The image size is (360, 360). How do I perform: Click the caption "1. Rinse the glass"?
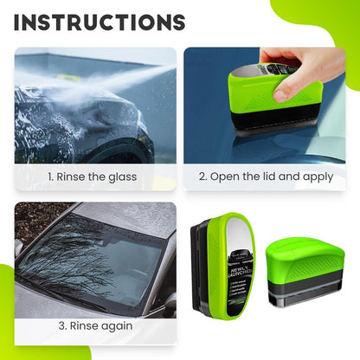(x=93, y=177)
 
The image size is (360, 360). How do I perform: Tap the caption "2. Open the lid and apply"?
(x=264, y=177)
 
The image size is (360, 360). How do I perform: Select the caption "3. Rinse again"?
(x=95, y=326)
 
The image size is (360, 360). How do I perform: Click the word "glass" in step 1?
(x=121, y=177)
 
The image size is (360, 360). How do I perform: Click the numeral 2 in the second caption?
(x=202, y=177)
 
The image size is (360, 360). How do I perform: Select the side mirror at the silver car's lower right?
(x=170, y=304)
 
